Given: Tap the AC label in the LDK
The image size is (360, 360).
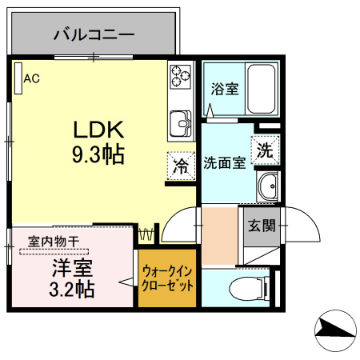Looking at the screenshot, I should tap(31, 78).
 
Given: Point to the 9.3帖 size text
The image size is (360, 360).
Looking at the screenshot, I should tap(98, 154).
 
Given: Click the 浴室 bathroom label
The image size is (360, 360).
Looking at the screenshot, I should tap(224, 88).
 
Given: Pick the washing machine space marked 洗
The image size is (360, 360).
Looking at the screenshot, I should tap(265, 148).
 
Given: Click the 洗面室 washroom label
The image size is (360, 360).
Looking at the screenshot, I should tap(223, 164).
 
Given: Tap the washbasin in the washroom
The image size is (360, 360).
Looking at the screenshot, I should tap(268, 185).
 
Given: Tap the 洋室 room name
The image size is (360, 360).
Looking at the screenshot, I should tap(71, 266).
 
